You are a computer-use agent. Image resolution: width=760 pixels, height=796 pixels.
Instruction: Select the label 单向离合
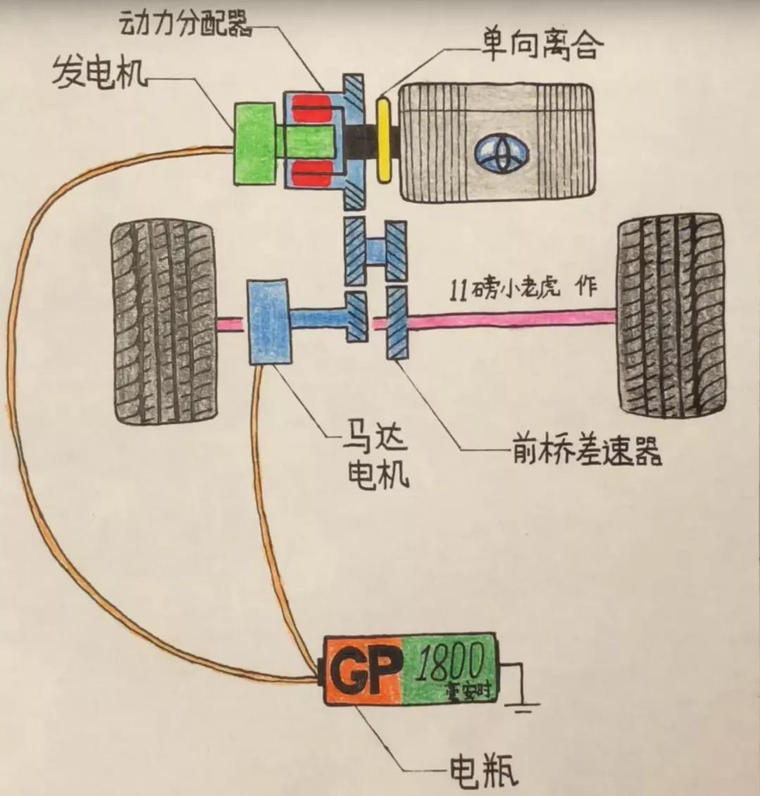(x=542, y=46)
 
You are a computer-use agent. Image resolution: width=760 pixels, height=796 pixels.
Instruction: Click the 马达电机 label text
(x=378, y=457)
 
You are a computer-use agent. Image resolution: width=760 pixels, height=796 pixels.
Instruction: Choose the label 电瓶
(x=483, y=771)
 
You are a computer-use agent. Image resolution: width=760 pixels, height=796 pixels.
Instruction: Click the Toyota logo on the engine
(x=505, y=153)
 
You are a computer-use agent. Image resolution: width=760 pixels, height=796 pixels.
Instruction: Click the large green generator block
(x=253, y=144)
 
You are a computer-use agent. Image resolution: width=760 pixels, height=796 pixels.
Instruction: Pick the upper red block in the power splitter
(x=312, y=109)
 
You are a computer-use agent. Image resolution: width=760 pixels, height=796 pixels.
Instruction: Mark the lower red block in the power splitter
(x=312, y=173)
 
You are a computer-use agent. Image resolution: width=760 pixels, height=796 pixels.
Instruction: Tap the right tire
(x=670, y=315)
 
